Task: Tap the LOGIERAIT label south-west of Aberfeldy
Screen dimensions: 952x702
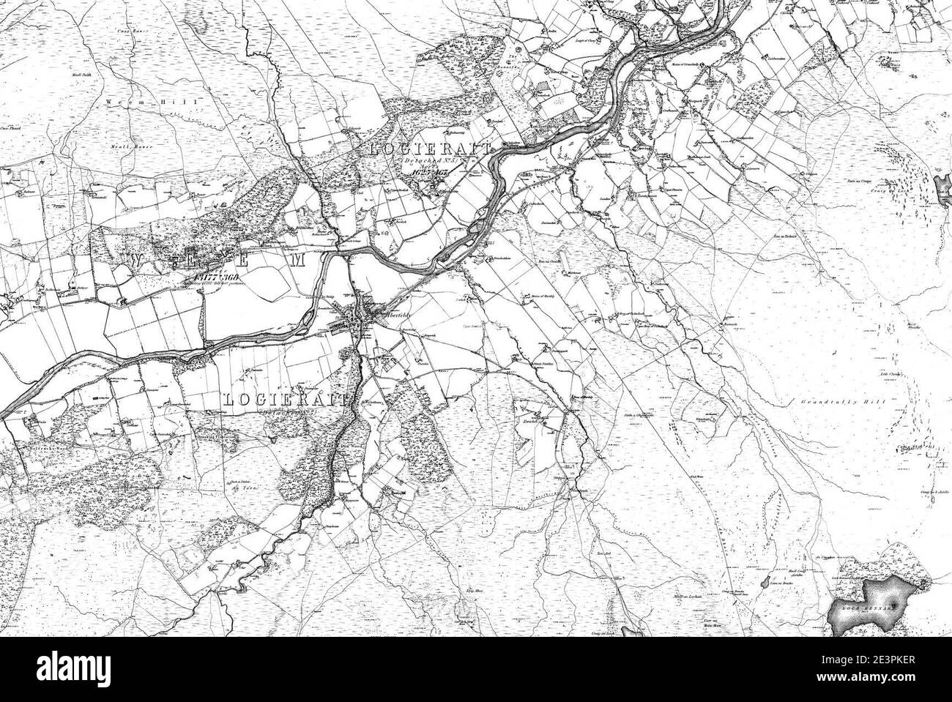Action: (286, 400)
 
